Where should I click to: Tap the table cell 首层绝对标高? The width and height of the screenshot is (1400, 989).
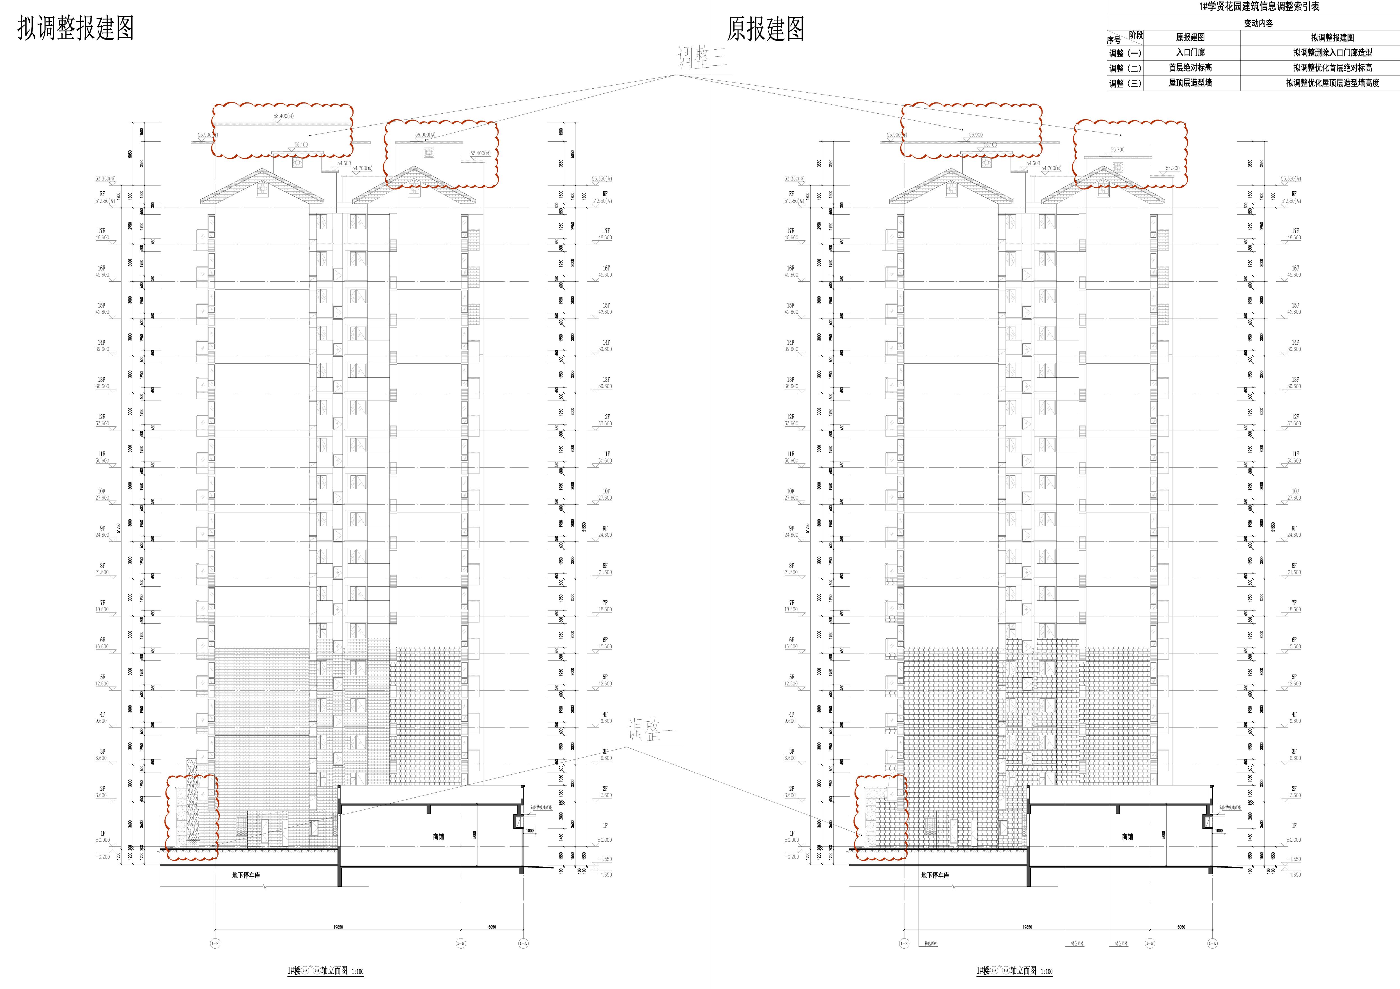1190,68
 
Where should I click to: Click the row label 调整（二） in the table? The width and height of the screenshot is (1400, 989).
1125,68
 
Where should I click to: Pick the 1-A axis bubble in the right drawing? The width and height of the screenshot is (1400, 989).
1212,943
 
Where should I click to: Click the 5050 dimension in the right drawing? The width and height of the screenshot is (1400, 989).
1181,927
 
